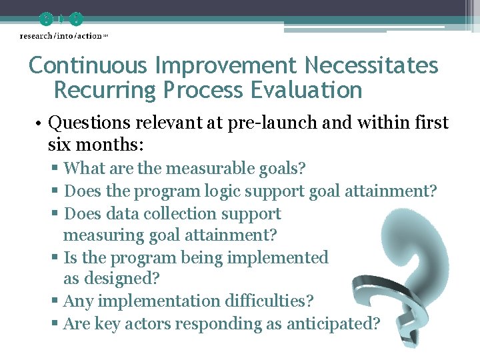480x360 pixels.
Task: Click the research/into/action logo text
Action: coord(61,35)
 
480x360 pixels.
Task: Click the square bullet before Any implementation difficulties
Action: coord(55,302)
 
